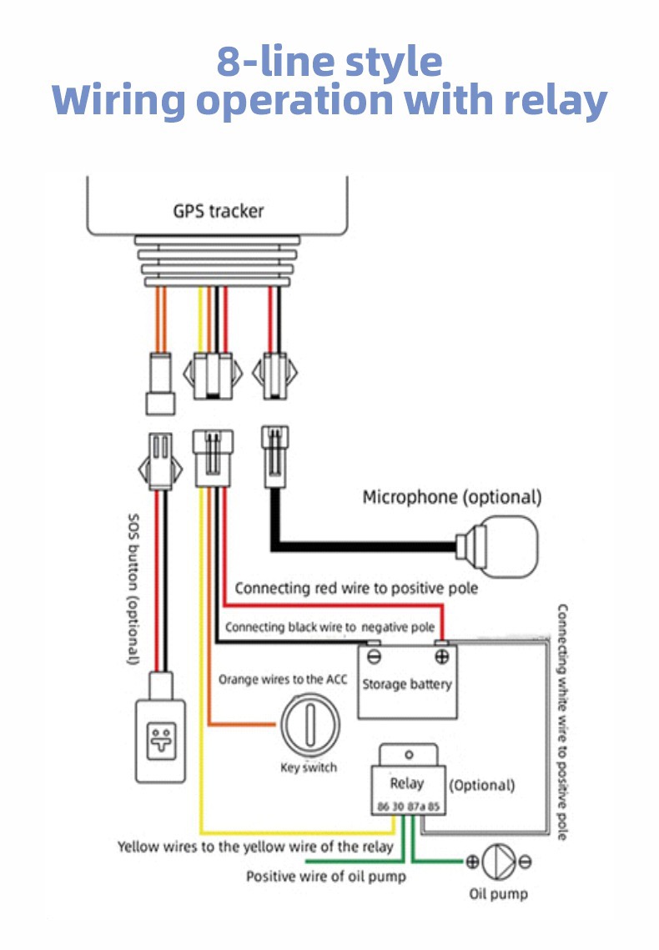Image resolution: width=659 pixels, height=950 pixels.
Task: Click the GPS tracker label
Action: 218,210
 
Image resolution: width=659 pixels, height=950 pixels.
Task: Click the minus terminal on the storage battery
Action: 374,656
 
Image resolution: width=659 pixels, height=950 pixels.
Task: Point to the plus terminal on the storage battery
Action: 441,656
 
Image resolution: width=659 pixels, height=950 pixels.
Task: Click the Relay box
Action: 407,782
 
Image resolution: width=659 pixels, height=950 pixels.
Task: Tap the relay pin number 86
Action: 384,807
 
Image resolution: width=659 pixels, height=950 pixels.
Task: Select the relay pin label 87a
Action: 415,807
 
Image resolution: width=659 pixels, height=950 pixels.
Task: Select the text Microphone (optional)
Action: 451,497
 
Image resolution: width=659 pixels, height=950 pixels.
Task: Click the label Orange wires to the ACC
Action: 283,679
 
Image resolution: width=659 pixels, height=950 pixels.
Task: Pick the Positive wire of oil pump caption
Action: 325,877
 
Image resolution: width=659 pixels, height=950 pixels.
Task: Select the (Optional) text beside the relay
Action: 482,785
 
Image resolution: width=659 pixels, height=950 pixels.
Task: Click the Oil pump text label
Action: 498,894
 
